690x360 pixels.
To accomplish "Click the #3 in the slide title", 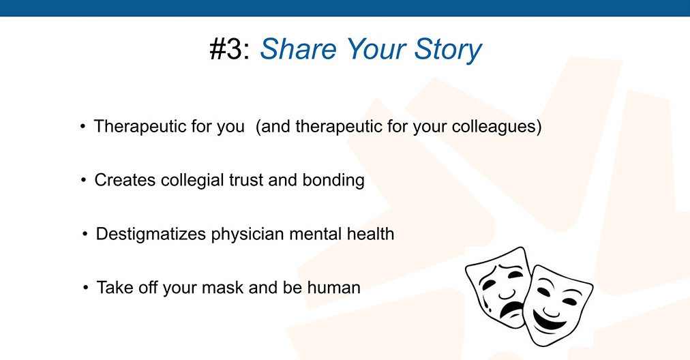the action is click(226, 49).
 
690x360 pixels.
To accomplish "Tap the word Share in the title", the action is click(299, 48).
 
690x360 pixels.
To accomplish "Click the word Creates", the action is click(125, 180).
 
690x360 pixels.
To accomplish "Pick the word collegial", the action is click(192, 181).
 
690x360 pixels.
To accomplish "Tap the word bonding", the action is click(333, 181).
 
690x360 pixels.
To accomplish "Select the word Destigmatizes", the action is click(151, 234).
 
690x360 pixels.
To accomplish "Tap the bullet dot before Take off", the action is click(86, 288).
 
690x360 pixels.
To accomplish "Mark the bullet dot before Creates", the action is click(84, 181).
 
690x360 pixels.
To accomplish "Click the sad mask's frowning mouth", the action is click(510, 308).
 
